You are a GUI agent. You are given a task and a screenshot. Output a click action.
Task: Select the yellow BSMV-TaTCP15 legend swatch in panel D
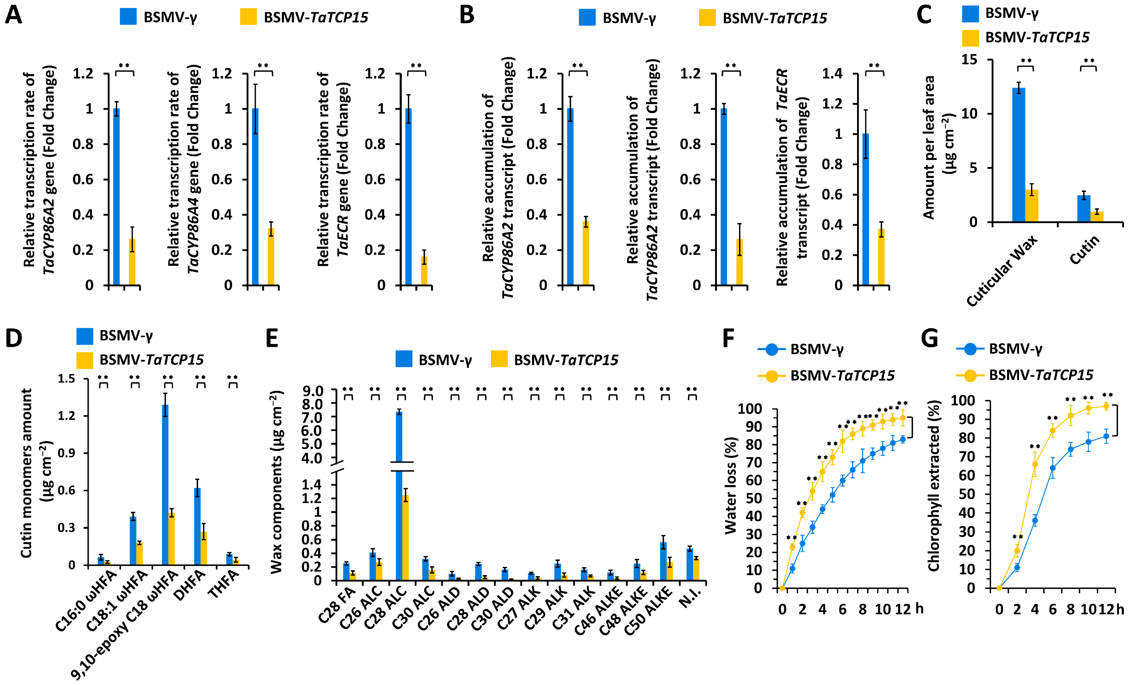coord(85,360)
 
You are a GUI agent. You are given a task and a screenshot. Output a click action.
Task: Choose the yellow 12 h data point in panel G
coord(1106,406)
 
